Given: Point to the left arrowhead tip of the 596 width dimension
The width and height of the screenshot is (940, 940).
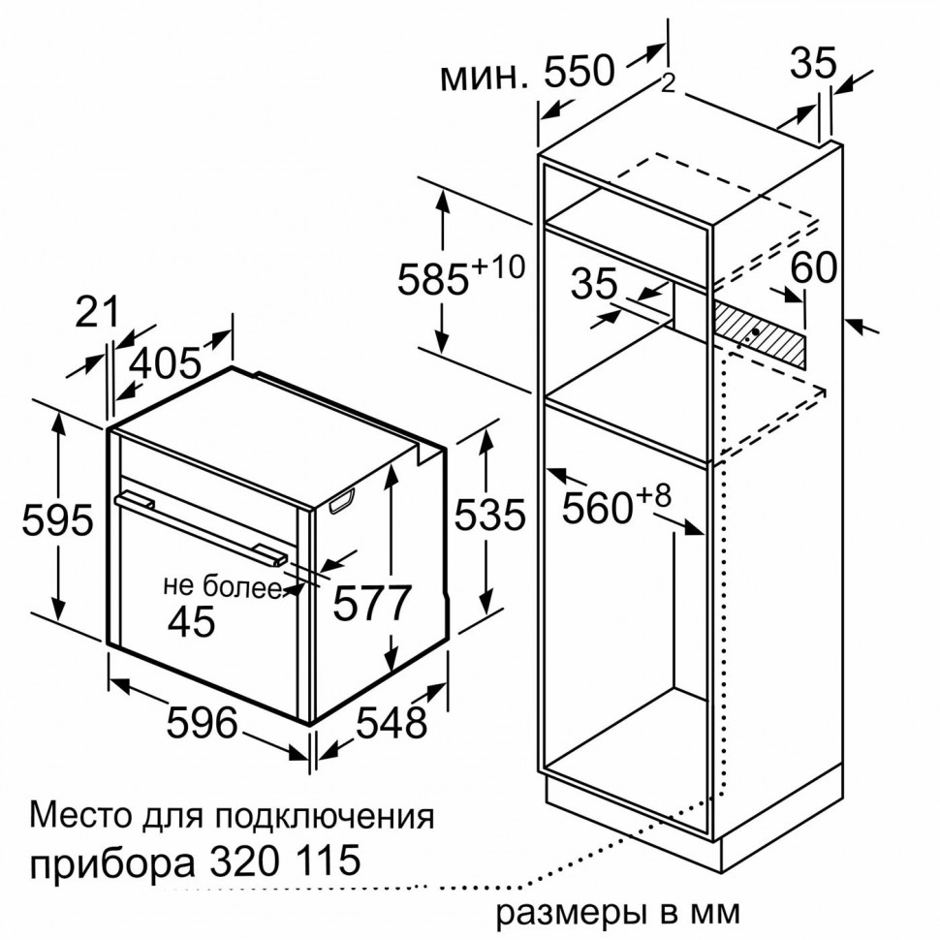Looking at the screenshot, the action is (111, 679).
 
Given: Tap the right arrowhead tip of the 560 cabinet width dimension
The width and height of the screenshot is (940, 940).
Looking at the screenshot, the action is (705, 534).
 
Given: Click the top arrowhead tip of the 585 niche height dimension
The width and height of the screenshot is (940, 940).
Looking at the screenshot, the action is (443, 189).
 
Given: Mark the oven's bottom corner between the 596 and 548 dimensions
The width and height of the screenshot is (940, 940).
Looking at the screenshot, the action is (310, 725).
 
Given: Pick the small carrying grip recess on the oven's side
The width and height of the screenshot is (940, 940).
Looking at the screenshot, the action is (342, 501).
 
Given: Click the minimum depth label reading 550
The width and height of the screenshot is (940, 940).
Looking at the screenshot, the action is (527, 73).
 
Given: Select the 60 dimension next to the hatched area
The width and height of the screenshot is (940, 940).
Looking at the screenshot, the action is (813, 267).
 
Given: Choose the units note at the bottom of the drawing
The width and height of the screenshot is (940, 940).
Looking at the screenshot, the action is (618, 913).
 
